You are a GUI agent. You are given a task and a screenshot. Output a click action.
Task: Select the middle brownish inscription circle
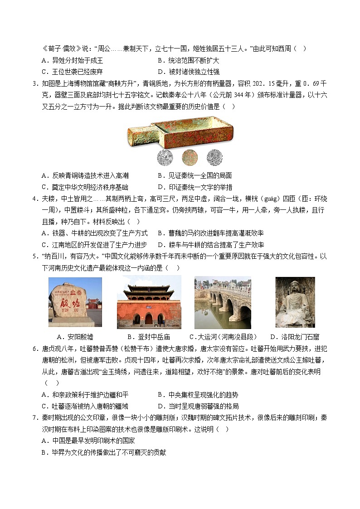(x=190, y=157)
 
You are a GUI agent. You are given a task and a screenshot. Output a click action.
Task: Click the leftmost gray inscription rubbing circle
(x=165, y=157)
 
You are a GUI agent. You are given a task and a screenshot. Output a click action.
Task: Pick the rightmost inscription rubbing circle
(x=214, y=157)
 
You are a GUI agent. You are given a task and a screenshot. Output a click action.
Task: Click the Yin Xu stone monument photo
(x=75, y=302)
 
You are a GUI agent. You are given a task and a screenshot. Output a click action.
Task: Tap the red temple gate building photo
(x=149, y=302)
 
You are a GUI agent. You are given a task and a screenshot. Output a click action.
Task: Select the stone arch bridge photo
(x=222, y=302)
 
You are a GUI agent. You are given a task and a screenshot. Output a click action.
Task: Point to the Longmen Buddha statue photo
(x=295, y=302)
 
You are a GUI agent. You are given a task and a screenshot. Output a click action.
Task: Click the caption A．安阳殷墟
(x=75, y=337)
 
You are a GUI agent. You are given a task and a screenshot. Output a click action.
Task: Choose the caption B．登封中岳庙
(x=149, y=337)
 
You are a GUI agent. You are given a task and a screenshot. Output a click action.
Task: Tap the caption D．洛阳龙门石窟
(x=295, y=337)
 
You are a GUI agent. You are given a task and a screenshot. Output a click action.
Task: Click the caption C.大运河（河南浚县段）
(x=223, y=337)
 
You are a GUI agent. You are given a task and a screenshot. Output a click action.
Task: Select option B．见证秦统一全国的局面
(x=195, y=175)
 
